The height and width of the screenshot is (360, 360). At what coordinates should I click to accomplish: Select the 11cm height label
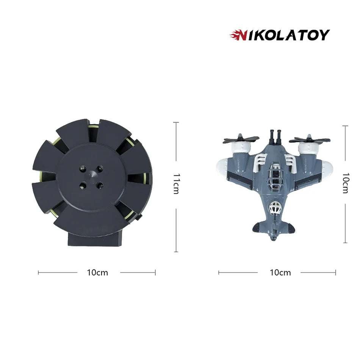(x=175, y=184)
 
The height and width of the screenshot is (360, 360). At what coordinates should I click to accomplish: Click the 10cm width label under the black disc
(x=97, y=272)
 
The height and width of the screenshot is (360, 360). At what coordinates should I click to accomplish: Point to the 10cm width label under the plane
(x=280, y=272)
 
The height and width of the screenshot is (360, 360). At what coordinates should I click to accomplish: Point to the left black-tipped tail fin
(x=258, y=227)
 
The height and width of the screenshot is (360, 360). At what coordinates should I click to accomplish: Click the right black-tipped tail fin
(x=290, y=227)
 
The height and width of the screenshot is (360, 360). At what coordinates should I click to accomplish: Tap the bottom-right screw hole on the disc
(x=100, y=185)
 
